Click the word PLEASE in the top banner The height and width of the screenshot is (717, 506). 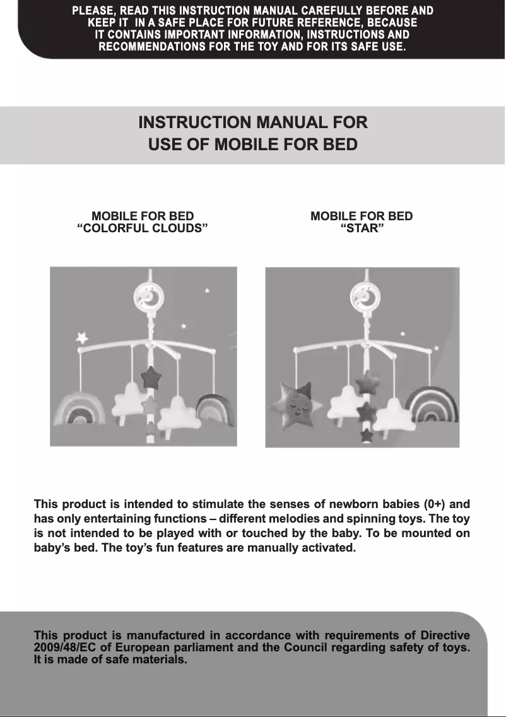click(93, 11)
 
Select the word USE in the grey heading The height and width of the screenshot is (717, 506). click(164, 145)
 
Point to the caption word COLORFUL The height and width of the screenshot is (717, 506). click(112, 228)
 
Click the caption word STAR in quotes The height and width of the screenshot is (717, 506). click(363, 228)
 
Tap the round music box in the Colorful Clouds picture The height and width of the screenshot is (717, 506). click(148, 297)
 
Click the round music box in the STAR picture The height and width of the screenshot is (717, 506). click(365, 297)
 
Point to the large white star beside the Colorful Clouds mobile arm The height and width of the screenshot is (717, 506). click(82, 338)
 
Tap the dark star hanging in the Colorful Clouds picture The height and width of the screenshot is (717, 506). click(151, 377)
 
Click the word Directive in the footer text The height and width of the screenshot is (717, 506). click(445, 636)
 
